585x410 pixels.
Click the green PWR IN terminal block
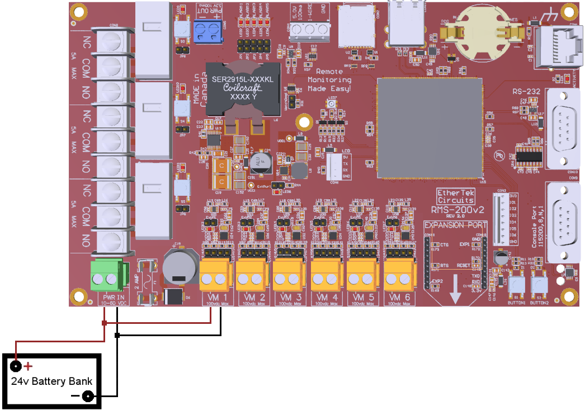point(106,277)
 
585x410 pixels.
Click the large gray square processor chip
point(430,128)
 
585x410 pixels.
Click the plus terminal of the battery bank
point(16,367)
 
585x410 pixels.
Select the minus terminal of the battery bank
point(87,397)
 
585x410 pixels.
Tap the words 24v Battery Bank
point(52,381)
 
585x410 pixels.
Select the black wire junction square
point(117,336)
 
